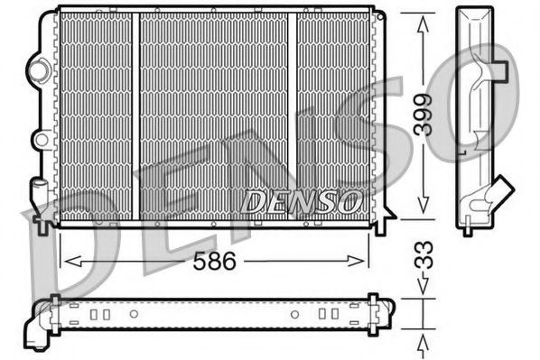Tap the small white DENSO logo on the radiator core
click(302, 200)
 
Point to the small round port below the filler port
click(39, 139)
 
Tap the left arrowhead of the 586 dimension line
click(65, 263)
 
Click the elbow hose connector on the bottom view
click(42, 324)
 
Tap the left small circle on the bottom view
click(133, 315)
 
